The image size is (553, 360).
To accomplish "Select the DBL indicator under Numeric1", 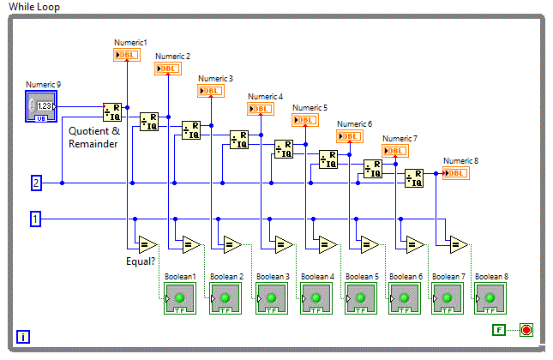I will tap(126, 55).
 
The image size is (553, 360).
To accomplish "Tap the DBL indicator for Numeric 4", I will tap(260, 108).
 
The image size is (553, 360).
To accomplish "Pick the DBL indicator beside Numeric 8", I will tap(457, 173).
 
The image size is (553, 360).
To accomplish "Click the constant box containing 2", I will tap(36, 183).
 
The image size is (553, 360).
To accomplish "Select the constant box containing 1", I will tap(36, 219).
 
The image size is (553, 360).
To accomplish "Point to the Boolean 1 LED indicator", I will tap(181, 298).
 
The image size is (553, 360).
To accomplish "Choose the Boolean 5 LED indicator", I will tap(361, 298).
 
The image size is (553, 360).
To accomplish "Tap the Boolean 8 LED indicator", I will tap(491, 298).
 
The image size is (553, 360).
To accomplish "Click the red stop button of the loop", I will tap(526, 330).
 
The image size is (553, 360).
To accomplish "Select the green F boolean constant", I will tap(499, 330).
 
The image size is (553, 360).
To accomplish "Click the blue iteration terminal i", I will tap(23, 337).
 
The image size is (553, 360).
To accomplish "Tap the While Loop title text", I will tap(34, 7).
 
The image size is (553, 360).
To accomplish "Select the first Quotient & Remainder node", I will tap(112, 111).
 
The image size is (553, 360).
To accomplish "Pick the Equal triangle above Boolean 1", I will tap(145, 244).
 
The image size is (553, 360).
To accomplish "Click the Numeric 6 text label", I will tap(354, 124).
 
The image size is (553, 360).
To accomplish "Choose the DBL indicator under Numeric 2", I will tap(167, 69).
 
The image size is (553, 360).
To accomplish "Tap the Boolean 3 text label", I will tap(272, 276).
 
